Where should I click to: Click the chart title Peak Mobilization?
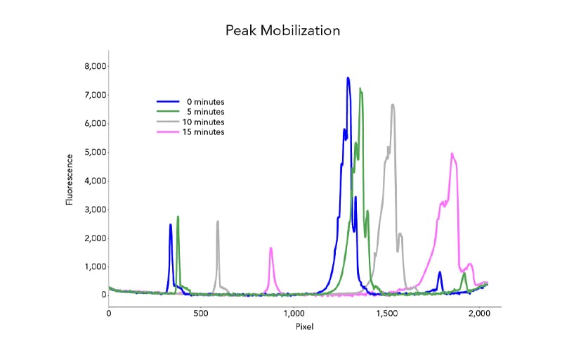282,31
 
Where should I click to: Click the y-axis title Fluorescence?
70,181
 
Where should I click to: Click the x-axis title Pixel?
303,327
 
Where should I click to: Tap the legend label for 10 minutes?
203,122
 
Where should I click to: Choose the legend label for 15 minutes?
203,131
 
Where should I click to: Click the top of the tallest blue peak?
348,78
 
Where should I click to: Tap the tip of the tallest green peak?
360,89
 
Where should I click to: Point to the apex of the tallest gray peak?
393,105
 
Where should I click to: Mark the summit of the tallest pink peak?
452,153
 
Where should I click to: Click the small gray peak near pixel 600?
218,221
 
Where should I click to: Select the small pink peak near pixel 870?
271,247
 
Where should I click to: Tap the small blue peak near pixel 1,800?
440,272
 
